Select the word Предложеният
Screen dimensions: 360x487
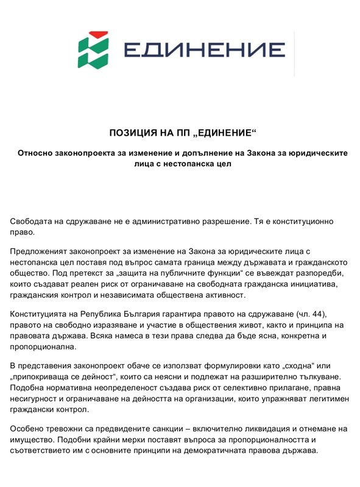coord(44,251)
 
